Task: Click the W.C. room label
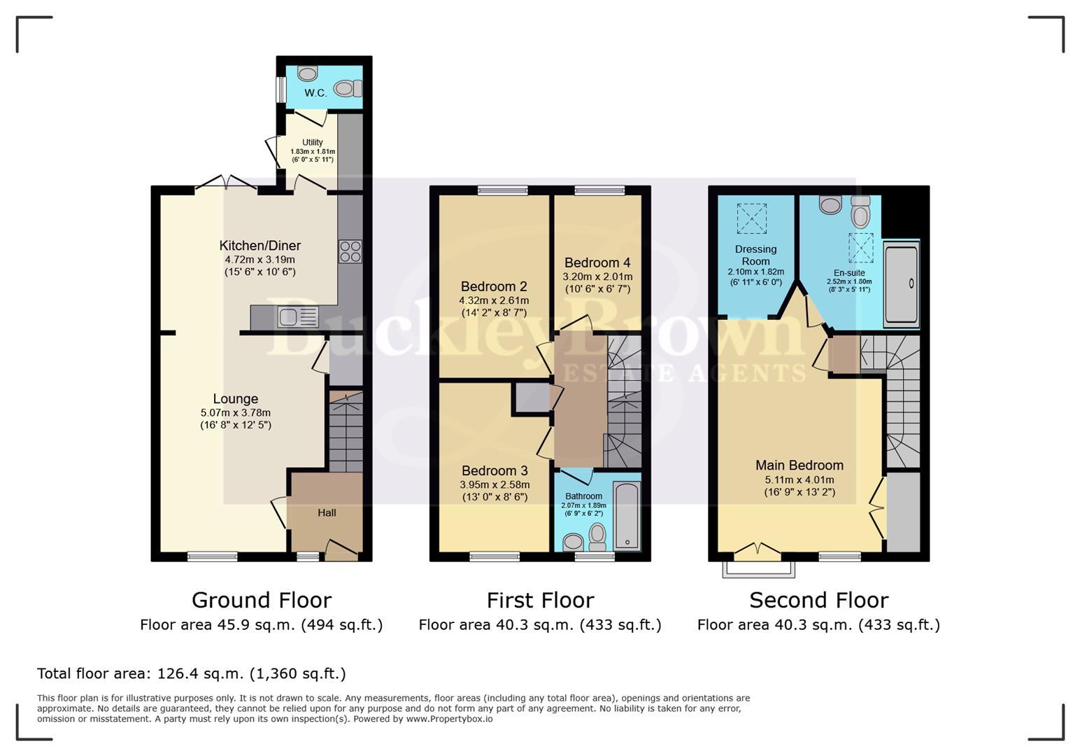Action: [x=315, y=93]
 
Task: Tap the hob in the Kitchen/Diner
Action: [x=350, y=251]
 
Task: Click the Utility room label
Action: [x=313, y=142]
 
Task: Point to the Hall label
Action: [x=327, y=512]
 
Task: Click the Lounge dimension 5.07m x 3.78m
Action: [x=235, y=413]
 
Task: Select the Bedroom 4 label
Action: [x=597, y=262]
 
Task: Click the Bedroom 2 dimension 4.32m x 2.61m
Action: [x=494, y=300]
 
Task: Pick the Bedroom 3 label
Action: [x=495, y=470]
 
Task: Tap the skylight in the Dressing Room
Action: [x=751, y=218]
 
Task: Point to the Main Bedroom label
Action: [x=800, y=465]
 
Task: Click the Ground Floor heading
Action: [x=262, y=601]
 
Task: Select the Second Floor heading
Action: [x=818, y=601]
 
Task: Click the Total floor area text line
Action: [x=192, y=673]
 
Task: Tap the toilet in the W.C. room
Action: [x=346, y=88]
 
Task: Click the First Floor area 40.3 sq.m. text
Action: [x=539, y=625]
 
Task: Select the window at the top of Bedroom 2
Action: [x=502, y=190]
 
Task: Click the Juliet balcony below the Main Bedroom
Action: [x=759, y=569]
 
